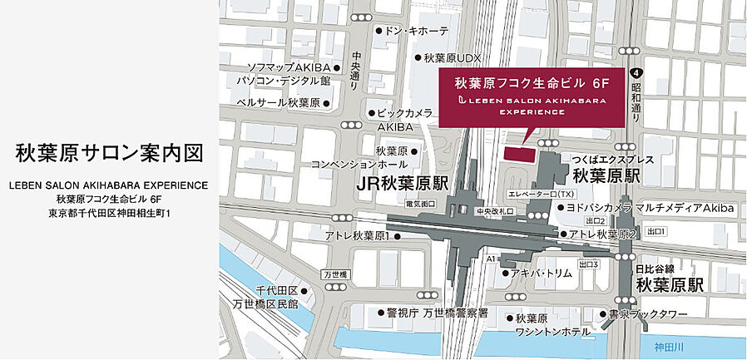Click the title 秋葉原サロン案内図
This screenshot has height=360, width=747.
[110, 154]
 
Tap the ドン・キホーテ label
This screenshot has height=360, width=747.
[417, 31]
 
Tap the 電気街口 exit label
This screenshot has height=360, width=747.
[421, 204]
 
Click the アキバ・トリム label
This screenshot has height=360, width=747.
[544, 272]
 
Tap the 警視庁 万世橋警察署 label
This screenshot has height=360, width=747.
[437, 313]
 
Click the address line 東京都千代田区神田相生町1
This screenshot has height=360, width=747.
[110, 214]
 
